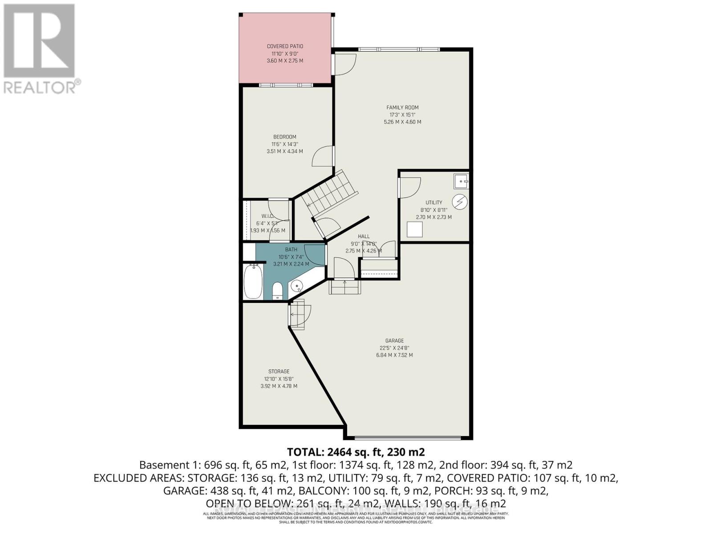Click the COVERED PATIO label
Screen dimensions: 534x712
click(285, 46)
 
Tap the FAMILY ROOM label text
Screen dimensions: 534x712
click(402, 107)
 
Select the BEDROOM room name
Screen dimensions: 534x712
click(285, 137)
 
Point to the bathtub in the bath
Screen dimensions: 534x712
click(253, 281)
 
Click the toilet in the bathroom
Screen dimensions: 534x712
click(277, 291)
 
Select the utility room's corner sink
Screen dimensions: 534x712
click(461, 181)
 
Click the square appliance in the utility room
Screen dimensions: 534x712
click(415, 230)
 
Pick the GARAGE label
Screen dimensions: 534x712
click(394, 341)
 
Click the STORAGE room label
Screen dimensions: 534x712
click(279, 372)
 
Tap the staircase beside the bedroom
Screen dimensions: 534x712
click(329, 192)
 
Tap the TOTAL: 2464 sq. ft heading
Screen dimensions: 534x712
click(356, 452)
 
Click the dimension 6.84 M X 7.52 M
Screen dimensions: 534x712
click(394, 355)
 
